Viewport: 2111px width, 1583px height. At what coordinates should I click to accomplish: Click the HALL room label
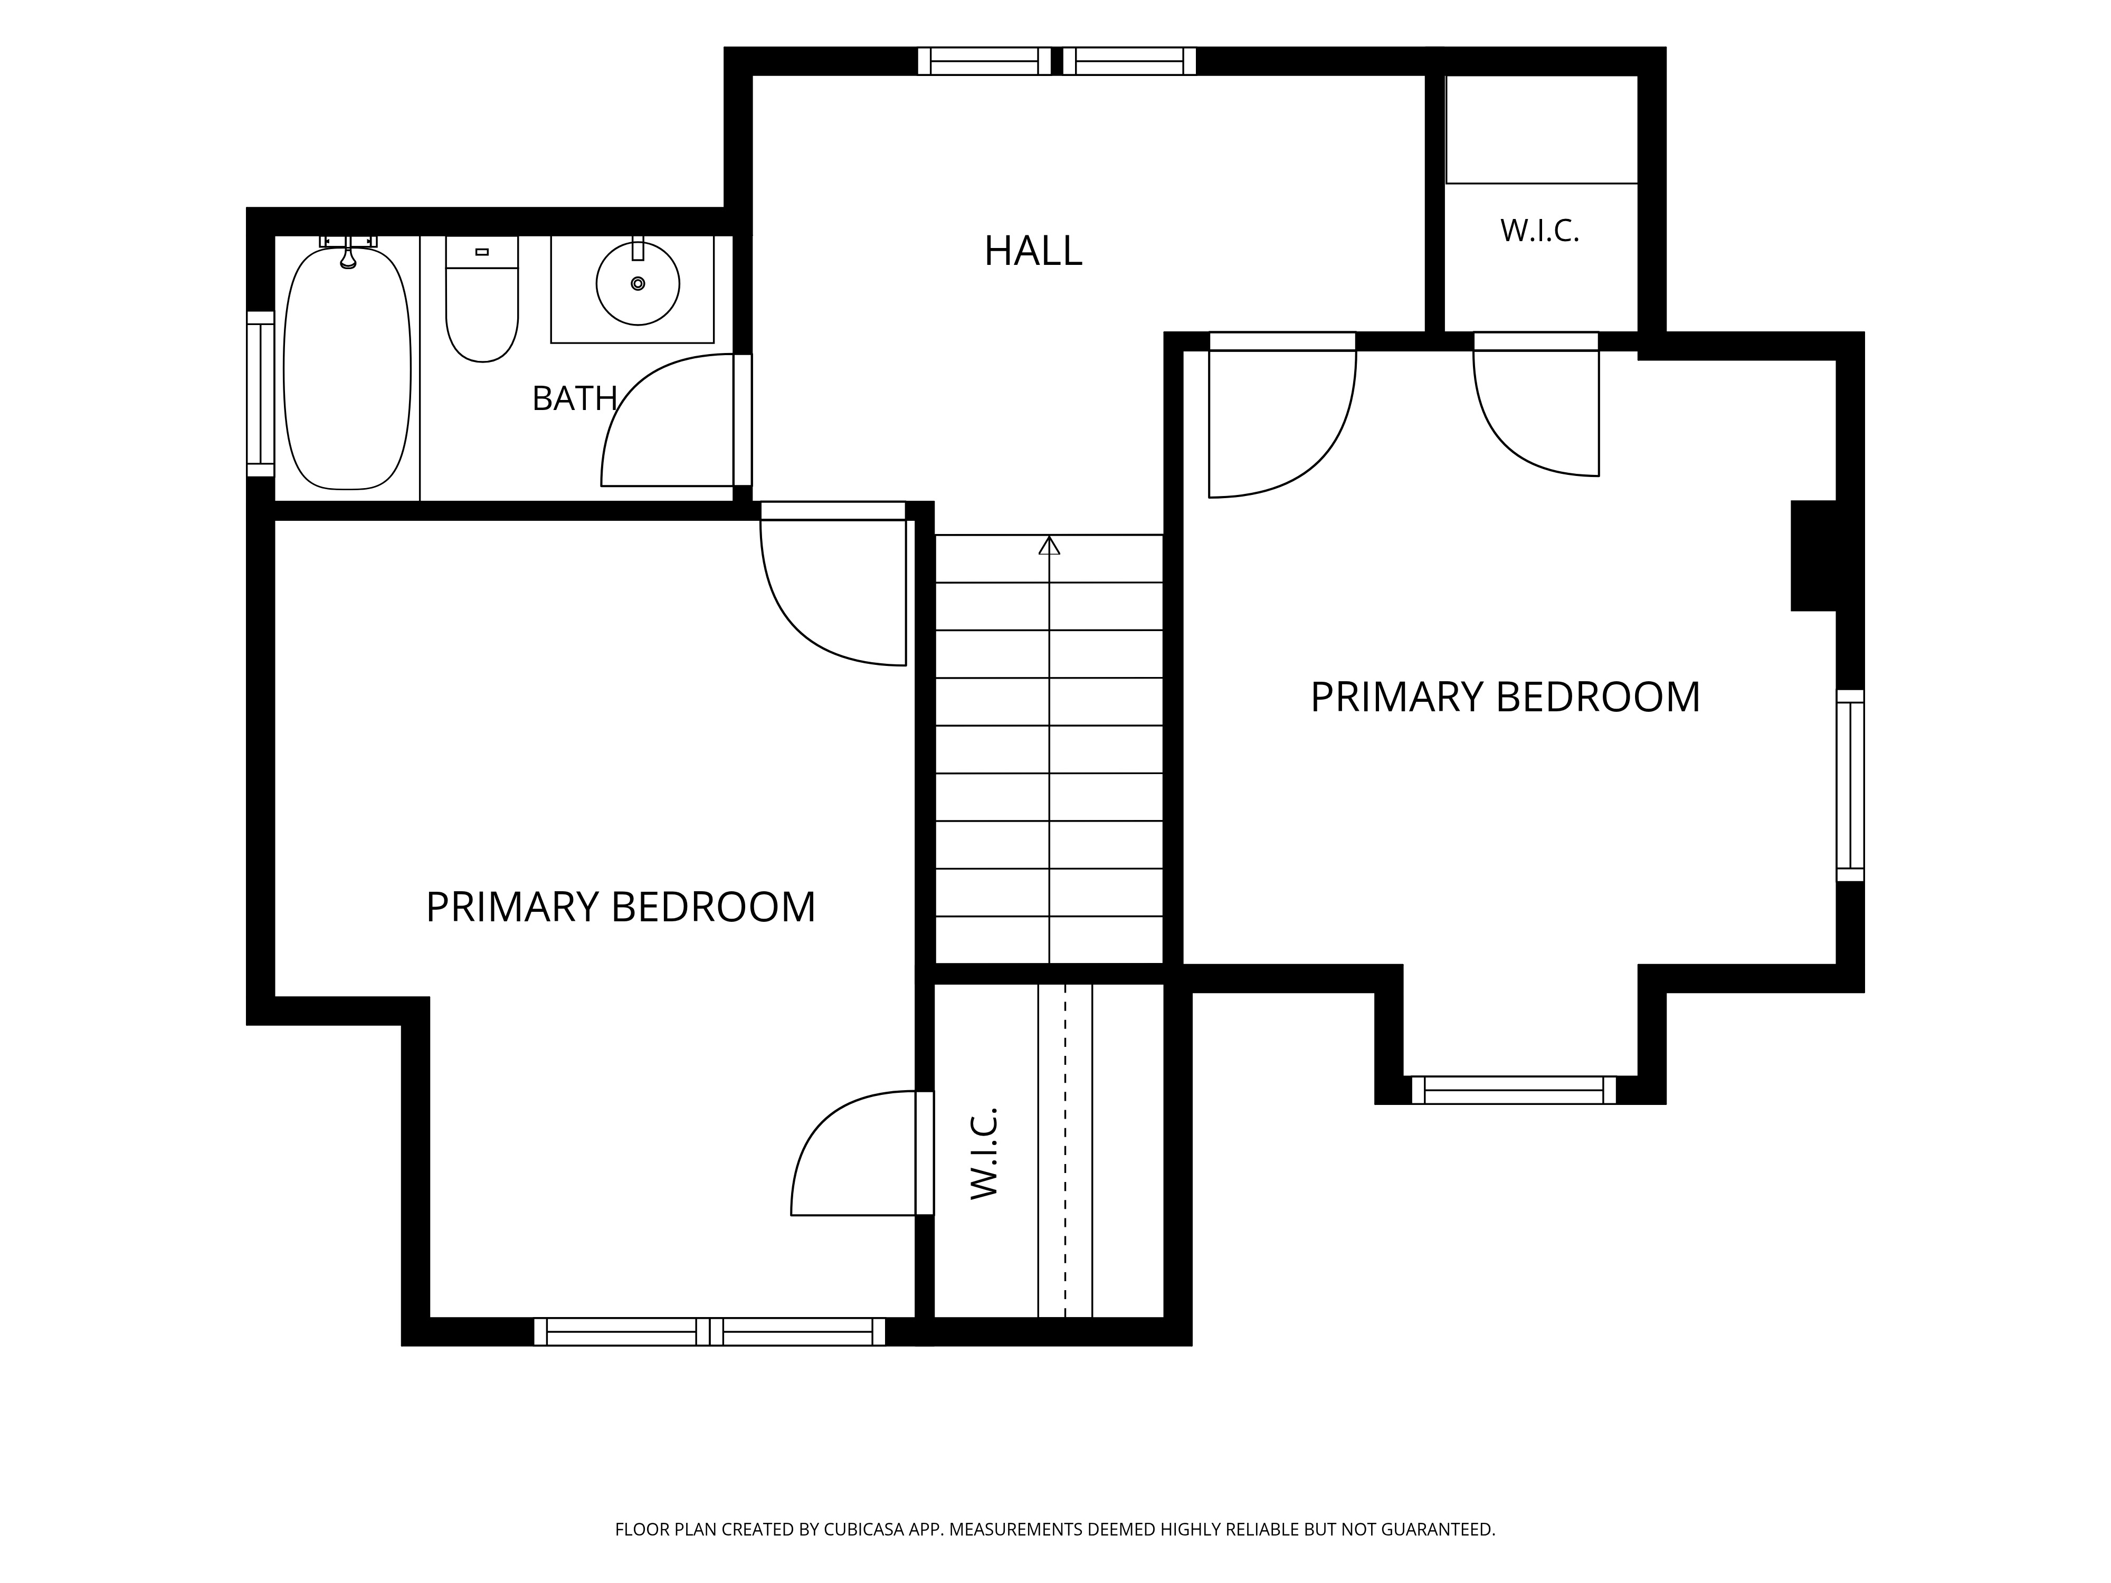[1033, 251]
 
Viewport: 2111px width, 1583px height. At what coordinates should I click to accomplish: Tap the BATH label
[575, 398]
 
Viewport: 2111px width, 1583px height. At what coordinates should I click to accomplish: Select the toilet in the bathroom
[482, 299]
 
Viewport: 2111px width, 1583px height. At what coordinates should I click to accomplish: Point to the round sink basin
[638, 283]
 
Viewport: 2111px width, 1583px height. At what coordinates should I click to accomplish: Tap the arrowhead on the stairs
[1050, 545]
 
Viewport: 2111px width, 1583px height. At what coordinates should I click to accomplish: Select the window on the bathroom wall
[261, 393]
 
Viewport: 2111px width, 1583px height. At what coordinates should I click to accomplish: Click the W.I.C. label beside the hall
[1539, 231]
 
